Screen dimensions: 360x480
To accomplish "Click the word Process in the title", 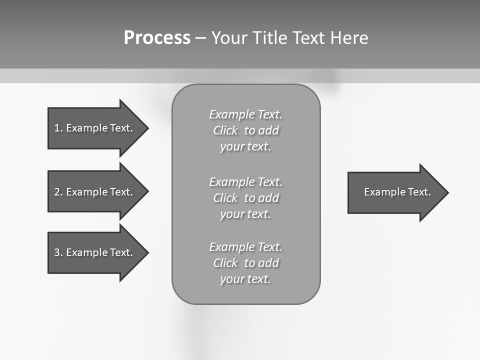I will [x=157, y=38].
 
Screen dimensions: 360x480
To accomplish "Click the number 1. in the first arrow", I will [x=58, y=128].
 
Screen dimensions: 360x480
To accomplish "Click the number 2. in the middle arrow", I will [x=58, y=192].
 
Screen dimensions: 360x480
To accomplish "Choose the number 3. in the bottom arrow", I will [x=58, y=252].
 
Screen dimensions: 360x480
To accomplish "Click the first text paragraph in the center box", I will [x=246, y=130].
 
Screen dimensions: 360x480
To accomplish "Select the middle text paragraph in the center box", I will [x=246, y=198].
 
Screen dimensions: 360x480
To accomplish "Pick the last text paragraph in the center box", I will [x=246, y=263].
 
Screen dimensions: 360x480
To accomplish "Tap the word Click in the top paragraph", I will [x=225, y=130].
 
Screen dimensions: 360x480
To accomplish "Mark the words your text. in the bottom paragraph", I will [x=245, y=279].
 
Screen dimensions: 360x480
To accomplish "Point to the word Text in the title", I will [x=308, y=38].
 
